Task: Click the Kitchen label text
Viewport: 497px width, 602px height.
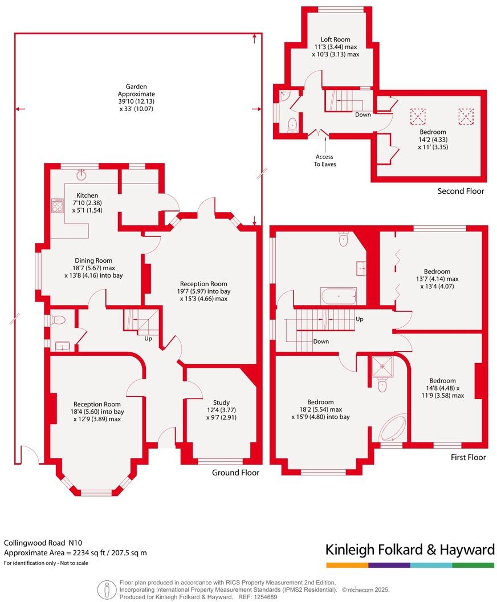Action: (x=87, y=196)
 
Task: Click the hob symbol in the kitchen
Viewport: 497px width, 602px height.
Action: (x=58, y=205)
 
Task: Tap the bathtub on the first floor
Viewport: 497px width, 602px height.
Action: (x=338, y=296)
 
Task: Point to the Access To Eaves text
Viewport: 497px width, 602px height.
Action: (x=324, y=160)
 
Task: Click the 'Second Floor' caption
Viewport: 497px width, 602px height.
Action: (x=461, y=191)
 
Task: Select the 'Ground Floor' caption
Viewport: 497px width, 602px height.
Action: (x=235, y=473)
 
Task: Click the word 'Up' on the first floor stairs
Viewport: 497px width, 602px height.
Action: (x=359, y=319)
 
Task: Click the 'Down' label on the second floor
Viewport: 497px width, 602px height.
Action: (x=362, y=115)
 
